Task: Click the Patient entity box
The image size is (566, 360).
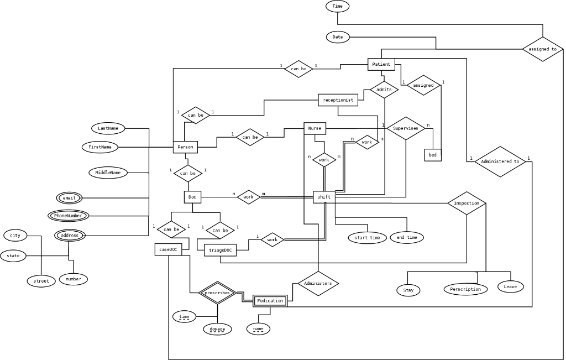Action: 381,64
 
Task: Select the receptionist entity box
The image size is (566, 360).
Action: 338,100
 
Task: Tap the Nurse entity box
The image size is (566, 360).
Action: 315,128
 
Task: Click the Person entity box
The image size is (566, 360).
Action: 186,147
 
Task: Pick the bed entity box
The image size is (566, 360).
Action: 432,155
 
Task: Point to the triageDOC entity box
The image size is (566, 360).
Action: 220,251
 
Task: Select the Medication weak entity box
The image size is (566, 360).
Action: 270,301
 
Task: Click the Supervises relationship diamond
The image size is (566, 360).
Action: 406,128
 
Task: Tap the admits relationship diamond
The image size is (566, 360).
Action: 384,90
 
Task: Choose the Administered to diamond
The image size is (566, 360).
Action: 500,161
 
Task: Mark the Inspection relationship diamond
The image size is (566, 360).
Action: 467,203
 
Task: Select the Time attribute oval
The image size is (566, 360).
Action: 338,6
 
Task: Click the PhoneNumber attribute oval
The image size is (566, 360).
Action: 68,215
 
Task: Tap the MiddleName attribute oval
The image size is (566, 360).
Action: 108,173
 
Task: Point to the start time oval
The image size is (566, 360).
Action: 367,238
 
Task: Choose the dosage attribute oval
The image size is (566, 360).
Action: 217,329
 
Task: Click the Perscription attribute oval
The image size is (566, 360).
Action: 465,289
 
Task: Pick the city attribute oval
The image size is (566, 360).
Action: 15,236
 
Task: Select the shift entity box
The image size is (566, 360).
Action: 324,197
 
